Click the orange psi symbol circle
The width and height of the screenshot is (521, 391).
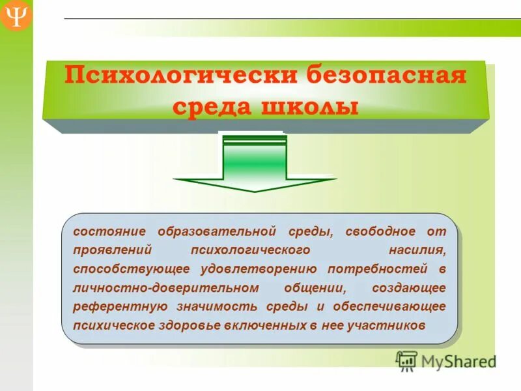(x=15, y=15)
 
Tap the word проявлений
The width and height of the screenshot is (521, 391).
(x=113, y=250)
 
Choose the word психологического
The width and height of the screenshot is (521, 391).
(x=249, y=250)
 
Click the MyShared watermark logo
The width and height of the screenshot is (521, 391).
(x=445, y=360)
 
